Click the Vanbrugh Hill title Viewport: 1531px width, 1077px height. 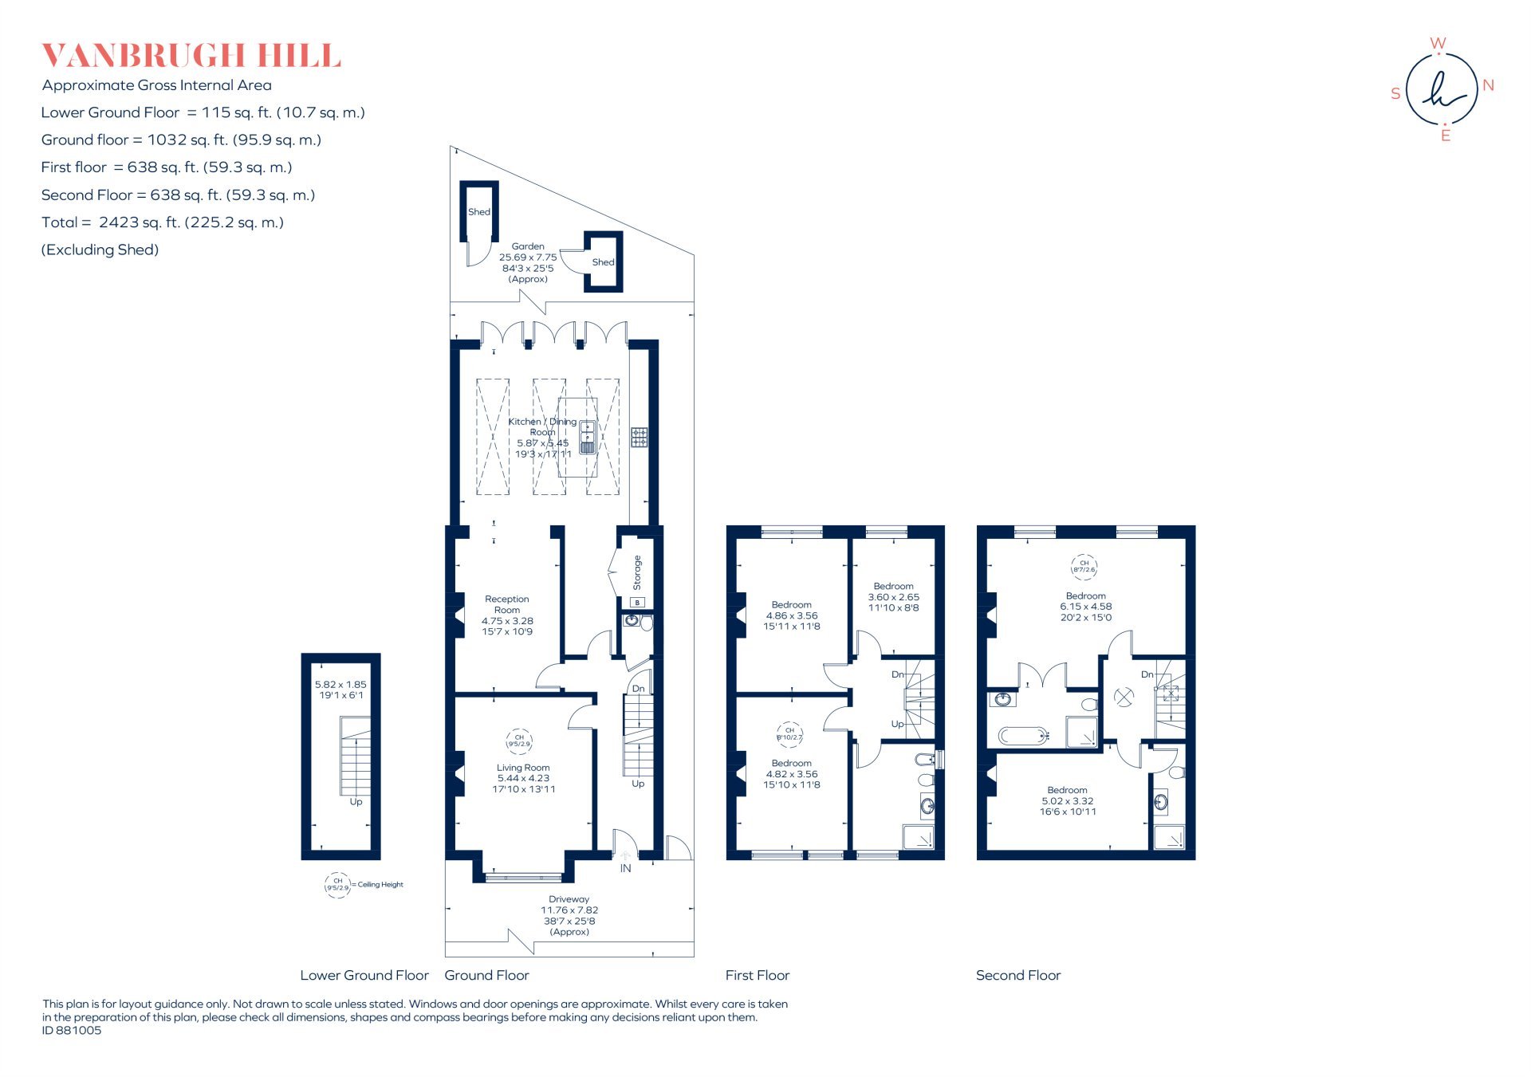191,56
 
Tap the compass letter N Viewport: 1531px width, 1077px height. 1488,85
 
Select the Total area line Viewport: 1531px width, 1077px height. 163,222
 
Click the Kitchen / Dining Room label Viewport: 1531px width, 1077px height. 542,426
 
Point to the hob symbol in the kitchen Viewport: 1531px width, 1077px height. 640,437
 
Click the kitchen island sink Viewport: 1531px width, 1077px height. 588,437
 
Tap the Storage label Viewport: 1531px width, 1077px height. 637,572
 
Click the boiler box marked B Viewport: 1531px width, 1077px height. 637,603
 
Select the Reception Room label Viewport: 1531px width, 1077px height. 507,604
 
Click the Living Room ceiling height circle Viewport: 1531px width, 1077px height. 519,741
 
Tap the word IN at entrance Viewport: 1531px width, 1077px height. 625,868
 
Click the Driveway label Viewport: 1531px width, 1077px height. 569,899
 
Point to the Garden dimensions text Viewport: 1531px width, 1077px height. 528,263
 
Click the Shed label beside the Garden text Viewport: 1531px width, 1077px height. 603,262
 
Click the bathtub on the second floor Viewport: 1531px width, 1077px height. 1023,735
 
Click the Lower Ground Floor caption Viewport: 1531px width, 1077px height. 364,975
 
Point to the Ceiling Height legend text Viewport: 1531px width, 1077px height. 380,884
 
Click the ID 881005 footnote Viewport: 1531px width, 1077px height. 72,1030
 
